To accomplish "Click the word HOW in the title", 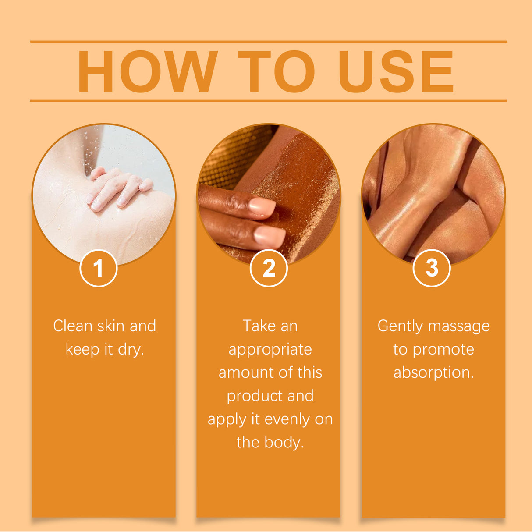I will [x=147, y=72].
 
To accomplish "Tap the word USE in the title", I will [x=396, y=72].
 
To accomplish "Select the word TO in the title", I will [x=276, y=72].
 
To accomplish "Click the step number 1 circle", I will [x=98, y=268].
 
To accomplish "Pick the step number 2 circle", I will [x=269, y=268].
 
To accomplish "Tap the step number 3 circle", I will [x=432, y=268].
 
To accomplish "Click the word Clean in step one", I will [x=73, y=326].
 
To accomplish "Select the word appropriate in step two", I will [x=270, y=350].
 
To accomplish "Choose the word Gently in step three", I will [x=400, y=326].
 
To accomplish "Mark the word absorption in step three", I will [x=433, y=373].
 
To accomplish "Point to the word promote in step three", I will [x=443, y=350].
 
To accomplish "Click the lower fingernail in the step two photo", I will [x=270, y=237].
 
